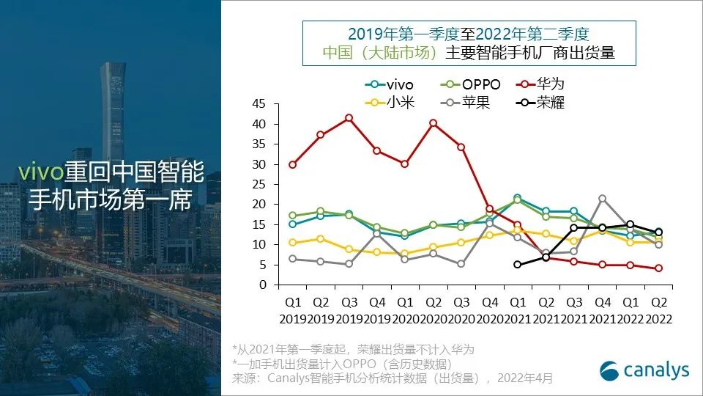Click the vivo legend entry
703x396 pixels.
coord(393,84)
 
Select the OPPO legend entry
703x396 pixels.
coord(473,84)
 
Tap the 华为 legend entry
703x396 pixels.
coord(543,84)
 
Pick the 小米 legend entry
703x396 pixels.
coord(393,102)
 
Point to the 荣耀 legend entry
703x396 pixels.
coord(543,102)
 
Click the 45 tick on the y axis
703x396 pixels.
coord(258,104)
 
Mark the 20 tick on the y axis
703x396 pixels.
coord(258,205)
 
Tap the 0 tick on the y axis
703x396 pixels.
coord(262,285)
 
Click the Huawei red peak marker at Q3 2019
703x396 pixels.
coord(349,117)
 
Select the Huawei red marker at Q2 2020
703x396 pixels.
coord(433,123)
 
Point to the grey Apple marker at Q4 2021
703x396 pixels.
coord(602,199)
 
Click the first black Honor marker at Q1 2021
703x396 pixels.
coord(518,265)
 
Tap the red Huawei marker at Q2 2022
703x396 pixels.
coord(658,268)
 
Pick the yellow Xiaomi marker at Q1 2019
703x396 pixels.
coord(292,243)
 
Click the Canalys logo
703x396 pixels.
coord(644,370)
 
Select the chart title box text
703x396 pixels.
coord(469,43)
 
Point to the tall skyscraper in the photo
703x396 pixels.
coord(113,110)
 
